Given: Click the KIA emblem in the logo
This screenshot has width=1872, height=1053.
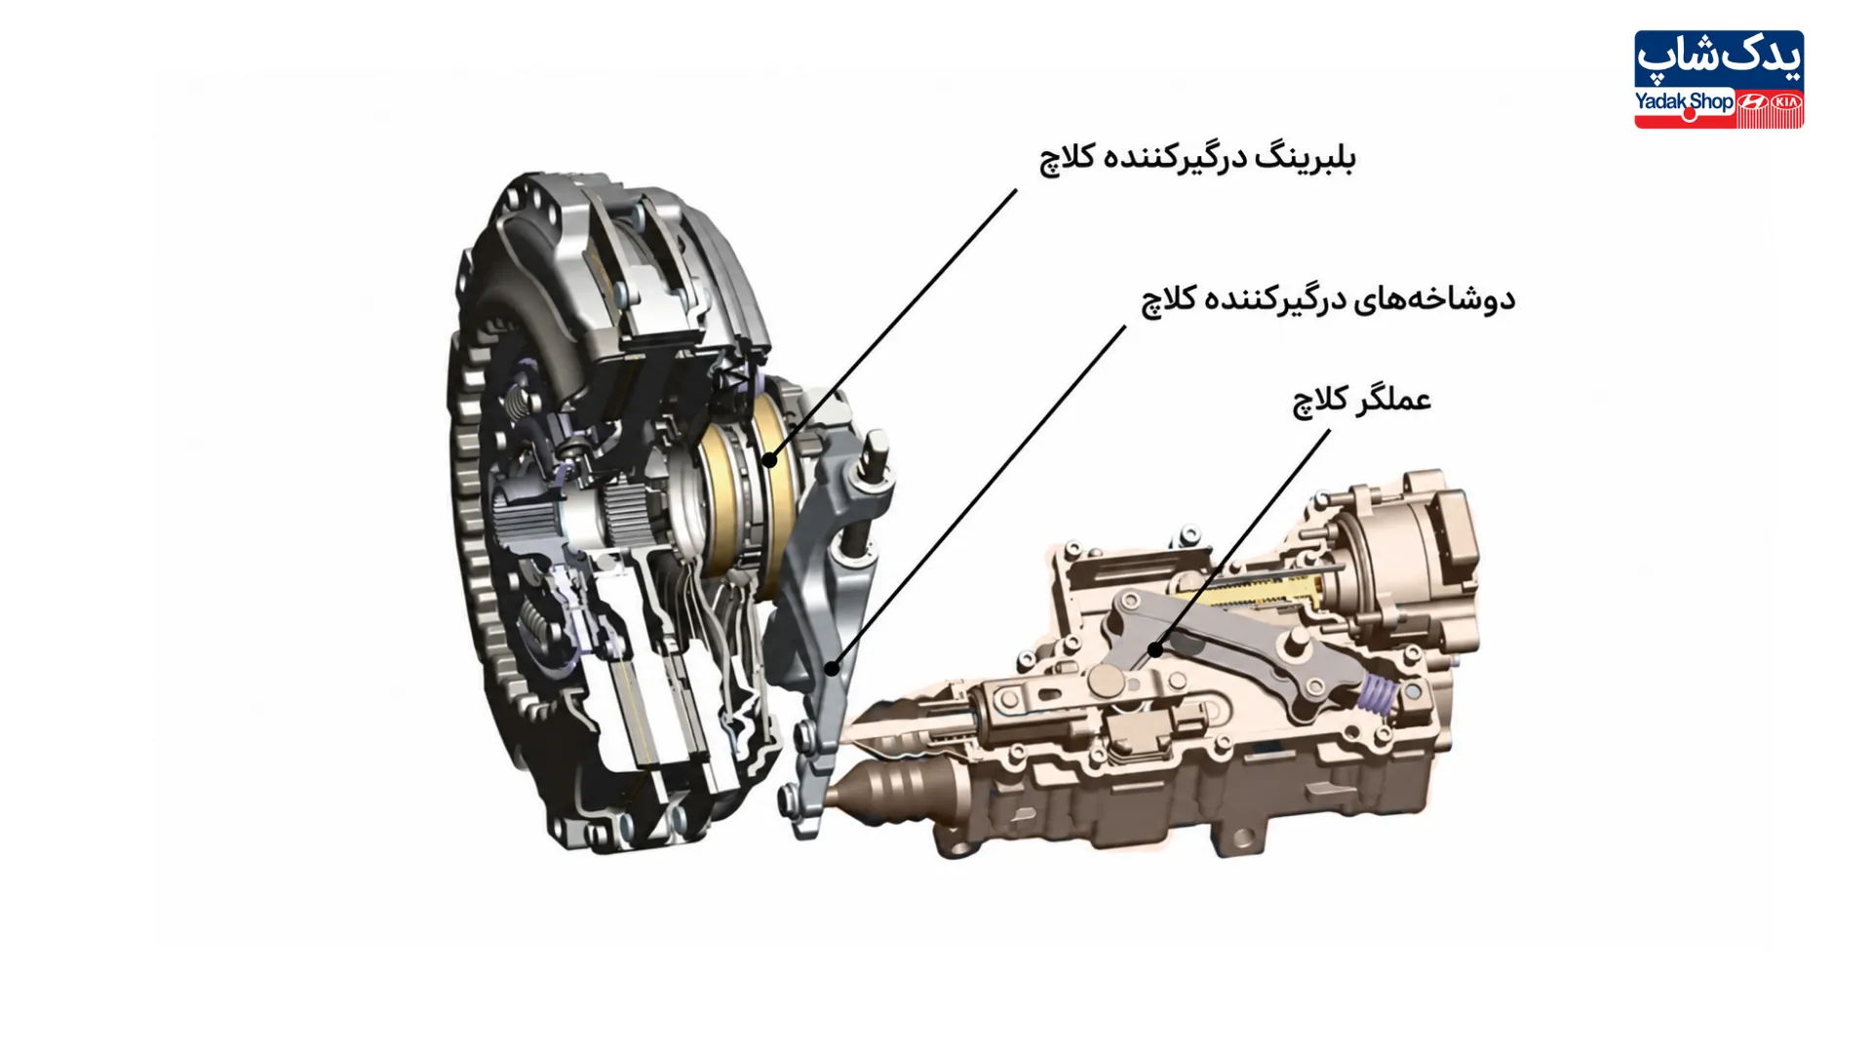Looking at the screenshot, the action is click(1785, 102).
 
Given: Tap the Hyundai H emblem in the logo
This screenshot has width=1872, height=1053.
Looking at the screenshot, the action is click(1752, 102).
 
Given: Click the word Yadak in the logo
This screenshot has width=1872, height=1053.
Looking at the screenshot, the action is click(1660, 101).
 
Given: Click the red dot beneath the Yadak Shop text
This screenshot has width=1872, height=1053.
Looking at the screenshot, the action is click(1690, 115).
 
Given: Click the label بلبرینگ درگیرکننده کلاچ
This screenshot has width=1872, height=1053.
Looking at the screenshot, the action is click(1197, 157).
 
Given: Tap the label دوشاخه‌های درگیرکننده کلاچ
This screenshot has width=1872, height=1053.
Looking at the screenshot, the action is click(1328, 298).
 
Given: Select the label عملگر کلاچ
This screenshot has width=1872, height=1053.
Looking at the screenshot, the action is click(1361, 401).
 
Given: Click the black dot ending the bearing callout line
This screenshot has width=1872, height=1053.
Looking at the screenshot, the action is click(769, 460).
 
